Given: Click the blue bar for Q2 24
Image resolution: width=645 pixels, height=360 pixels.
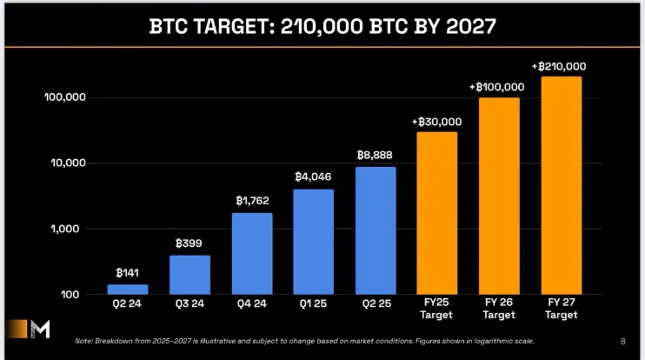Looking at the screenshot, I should click(x=128, y=290).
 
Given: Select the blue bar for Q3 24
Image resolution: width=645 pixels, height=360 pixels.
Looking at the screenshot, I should click(x=190, y=275).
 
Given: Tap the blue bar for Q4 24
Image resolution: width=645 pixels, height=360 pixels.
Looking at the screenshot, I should click(x=251, y=254).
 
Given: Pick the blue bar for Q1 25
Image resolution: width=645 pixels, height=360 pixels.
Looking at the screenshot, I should click(x=313, y=242).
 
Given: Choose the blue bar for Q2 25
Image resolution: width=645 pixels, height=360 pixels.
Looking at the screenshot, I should click(x=375, y=230).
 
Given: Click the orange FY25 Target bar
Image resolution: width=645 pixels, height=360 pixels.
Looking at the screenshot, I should click(x=436, y=213).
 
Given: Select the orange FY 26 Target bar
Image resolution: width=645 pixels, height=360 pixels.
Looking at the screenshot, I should click(x=499, y=196).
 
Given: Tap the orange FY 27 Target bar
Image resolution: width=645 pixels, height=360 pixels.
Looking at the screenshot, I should click(x=561, y=185).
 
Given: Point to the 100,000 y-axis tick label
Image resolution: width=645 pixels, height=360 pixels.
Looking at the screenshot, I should click(x=64, y=97).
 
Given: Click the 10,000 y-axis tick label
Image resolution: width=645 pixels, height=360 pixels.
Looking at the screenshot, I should click(x=67, y=163).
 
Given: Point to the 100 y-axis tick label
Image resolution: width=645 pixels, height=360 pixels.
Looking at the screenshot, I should click(x=74, y=295).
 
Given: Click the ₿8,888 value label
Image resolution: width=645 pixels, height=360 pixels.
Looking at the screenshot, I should click(x=375, y=154).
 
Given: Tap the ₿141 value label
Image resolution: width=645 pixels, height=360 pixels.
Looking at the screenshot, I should click(x=128, y=272).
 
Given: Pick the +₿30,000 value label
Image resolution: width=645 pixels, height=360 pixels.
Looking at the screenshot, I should click(x=436, y=121).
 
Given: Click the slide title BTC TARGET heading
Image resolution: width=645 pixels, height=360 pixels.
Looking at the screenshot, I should click(x=322, y=25).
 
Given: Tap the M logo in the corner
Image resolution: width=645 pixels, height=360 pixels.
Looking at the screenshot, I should click(x=42, y=330).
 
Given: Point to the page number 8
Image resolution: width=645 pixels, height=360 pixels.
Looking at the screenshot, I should click(x=622, y=340).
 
